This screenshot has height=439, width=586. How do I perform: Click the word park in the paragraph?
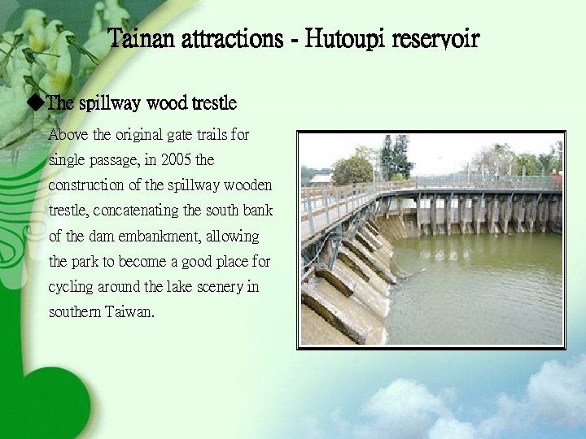click(89, 263)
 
